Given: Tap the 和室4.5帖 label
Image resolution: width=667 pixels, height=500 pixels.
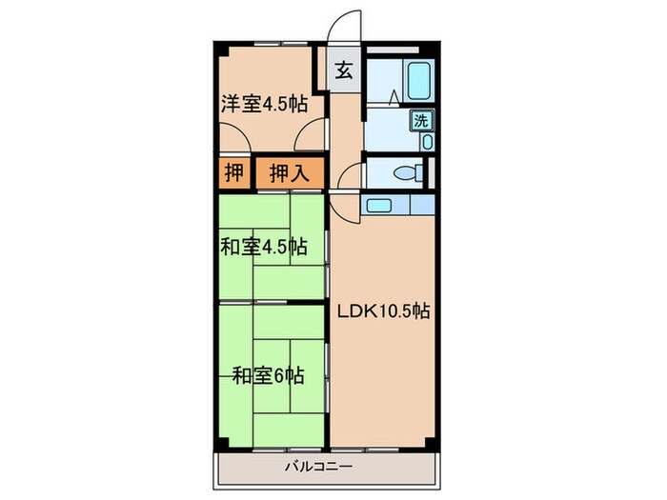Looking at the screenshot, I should click(264, 248).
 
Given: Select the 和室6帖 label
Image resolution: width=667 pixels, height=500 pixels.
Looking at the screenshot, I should click(268, 374).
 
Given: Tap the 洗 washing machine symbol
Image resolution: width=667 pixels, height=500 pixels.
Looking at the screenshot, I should click(420, 120).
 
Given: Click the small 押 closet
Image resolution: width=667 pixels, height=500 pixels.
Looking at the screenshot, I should click(233, 173).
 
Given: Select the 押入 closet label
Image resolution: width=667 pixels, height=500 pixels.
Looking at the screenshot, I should click(287, 173).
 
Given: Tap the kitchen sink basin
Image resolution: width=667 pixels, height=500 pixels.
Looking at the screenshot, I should click(378, 205).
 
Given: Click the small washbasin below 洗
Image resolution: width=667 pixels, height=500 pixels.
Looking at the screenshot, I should click(426, 141).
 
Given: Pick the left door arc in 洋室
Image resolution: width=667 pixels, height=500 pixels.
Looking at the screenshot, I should click(237, 141).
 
